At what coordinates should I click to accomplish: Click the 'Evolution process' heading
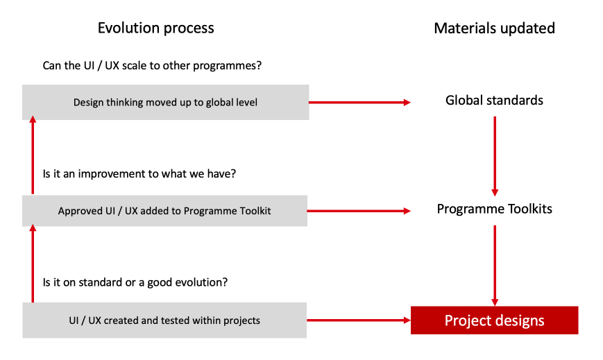(155, 28)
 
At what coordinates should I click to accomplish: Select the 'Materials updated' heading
(494, 28)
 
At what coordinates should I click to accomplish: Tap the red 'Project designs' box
(494, 320)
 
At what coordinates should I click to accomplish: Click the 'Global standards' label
(494, 101)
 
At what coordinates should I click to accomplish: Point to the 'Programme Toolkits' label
(494, 209)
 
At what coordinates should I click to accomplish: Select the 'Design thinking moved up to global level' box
(165, 102)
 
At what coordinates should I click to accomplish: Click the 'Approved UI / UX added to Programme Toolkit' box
(164, 211)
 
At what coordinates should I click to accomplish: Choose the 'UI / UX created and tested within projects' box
(164, 320)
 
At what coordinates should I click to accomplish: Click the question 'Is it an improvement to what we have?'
(139, 174)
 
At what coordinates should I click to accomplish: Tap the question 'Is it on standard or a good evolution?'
(135, 282)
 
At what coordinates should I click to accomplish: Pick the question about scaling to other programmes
(152, 65)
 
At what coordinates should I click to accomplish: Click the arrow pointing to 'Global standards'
(359, 102)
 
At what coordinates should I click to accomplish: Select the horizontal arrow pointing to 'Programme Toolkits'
(359, 211)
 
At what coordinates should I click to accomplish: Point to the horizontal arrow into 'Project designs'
(359, 320)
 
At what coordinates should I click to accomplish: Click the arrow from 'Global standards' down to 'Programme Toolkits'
(495, 156)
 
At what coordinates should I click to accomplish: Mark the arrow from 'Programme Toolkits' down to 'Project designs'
(495, 266)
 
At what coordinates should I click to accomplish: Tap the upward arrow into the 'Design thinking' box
(33, 155)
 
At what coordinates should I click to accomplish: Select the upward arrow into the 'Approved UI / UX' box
(33, 264)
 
